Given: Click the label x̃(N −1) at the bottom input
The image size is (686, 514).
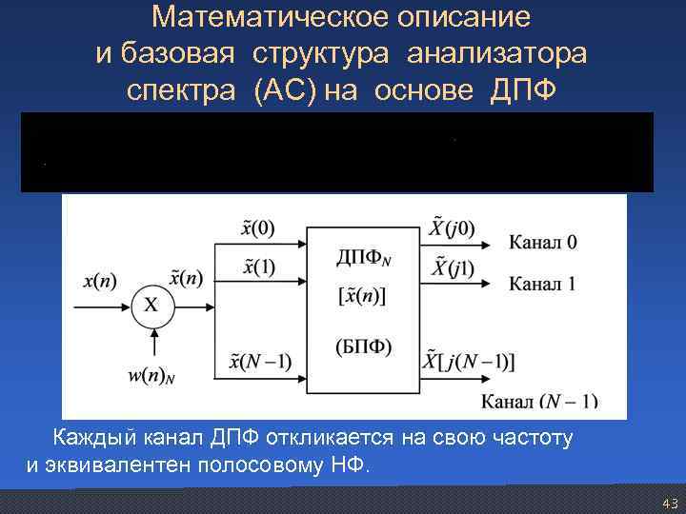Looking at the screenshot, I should [260, 360].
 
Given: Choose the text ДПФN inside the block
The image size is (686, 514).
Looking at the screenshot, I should [363, 257].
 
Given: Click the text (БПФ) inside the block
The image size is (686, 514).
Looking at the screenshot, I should [363, 345].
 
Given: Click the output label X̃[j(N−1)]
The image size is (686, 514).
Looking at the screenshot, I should [467, 360].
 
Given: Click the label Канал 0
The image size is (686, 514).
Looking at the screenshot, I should [543, 242].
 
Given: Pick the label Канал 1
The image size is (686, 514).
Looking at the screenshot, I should [543, 283].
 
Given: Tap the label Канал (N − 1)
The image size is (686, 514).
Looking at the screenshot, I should [539, 401].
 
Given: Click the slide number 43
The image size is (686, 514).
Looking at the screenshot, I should [669, 503].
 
